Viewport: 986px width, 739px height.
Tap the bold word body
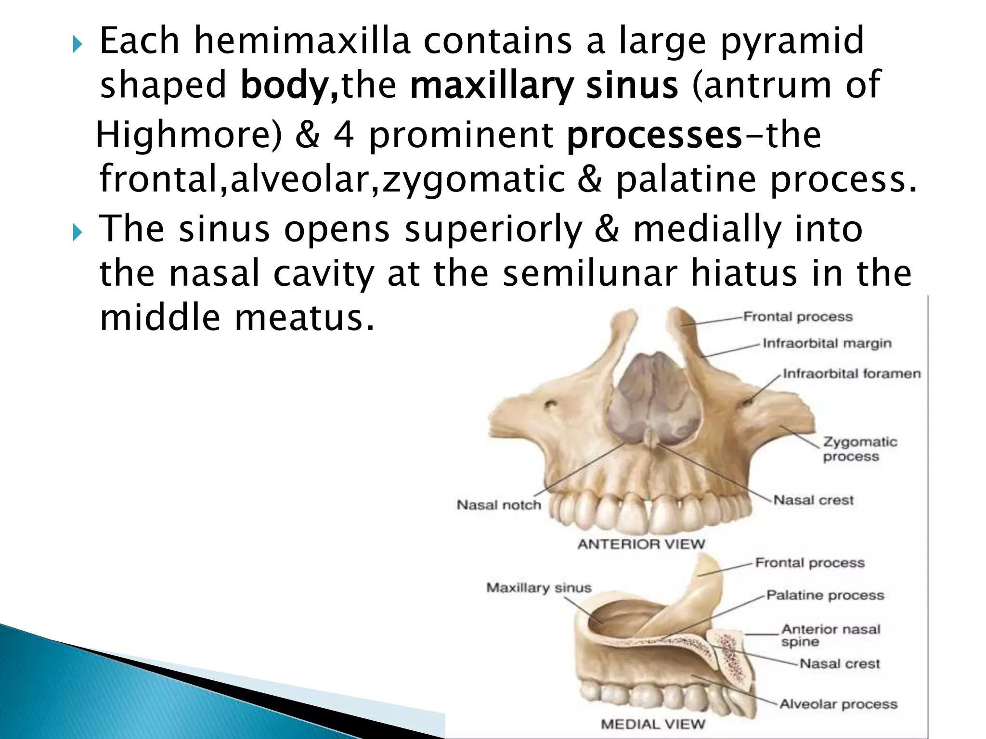tap(284, 85)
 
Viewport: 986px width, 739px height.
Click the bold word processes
tap(654, 135)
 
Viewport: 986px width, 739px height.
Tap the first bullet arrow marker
tap(78, 45)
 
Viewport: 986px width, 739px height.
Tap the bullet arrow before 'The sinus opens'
tap(78, 233)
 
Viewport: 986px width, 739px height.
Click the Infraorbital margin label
tap(827, 344)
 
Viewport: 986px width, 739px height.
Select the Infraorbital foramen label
tap(851, 374)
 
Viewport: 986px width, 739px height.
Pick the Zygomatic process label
tap(859, 449)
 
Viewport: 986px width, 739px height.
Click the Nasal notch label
tap(499, 505)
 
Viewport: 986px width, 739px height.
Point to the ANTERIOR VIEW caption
tap(641, 544)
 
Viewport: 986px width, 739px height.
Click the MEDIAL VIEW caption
tap(653, 724)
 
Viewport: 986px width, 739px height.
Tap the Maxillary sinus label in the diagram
tap(539, 587)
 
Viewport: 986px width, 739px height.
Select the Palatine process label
tap(825, 595)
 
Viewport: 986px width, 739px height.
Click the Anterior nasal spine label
tap(830, 635)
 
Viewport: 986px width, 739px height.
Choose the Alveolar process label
tap(838, 704)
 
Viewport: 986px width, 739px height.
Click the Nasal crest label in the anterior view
tap(813, 500)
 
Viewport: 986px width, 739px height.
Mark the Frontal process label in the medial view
tap(809, 562)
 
